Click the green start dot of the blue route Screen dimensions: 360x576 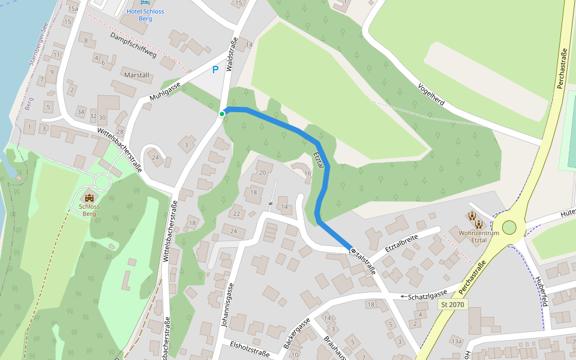[222, 114]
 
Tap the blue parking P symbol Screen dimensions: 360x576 [215, 70]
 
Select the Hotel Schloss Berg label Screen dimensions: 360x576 [145, 15]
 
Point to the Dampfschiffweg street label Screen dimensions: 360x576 [133, 45]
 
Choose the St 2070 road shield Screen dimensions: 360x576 [452, 305]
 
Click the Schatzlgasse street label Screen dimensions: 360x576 [428, 296]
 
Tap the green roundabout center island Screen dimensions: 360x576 [509, 227]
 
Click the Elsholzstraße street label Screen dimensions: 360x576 [250, 349]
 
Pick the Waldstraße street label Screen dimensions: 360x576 [232, 55]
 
